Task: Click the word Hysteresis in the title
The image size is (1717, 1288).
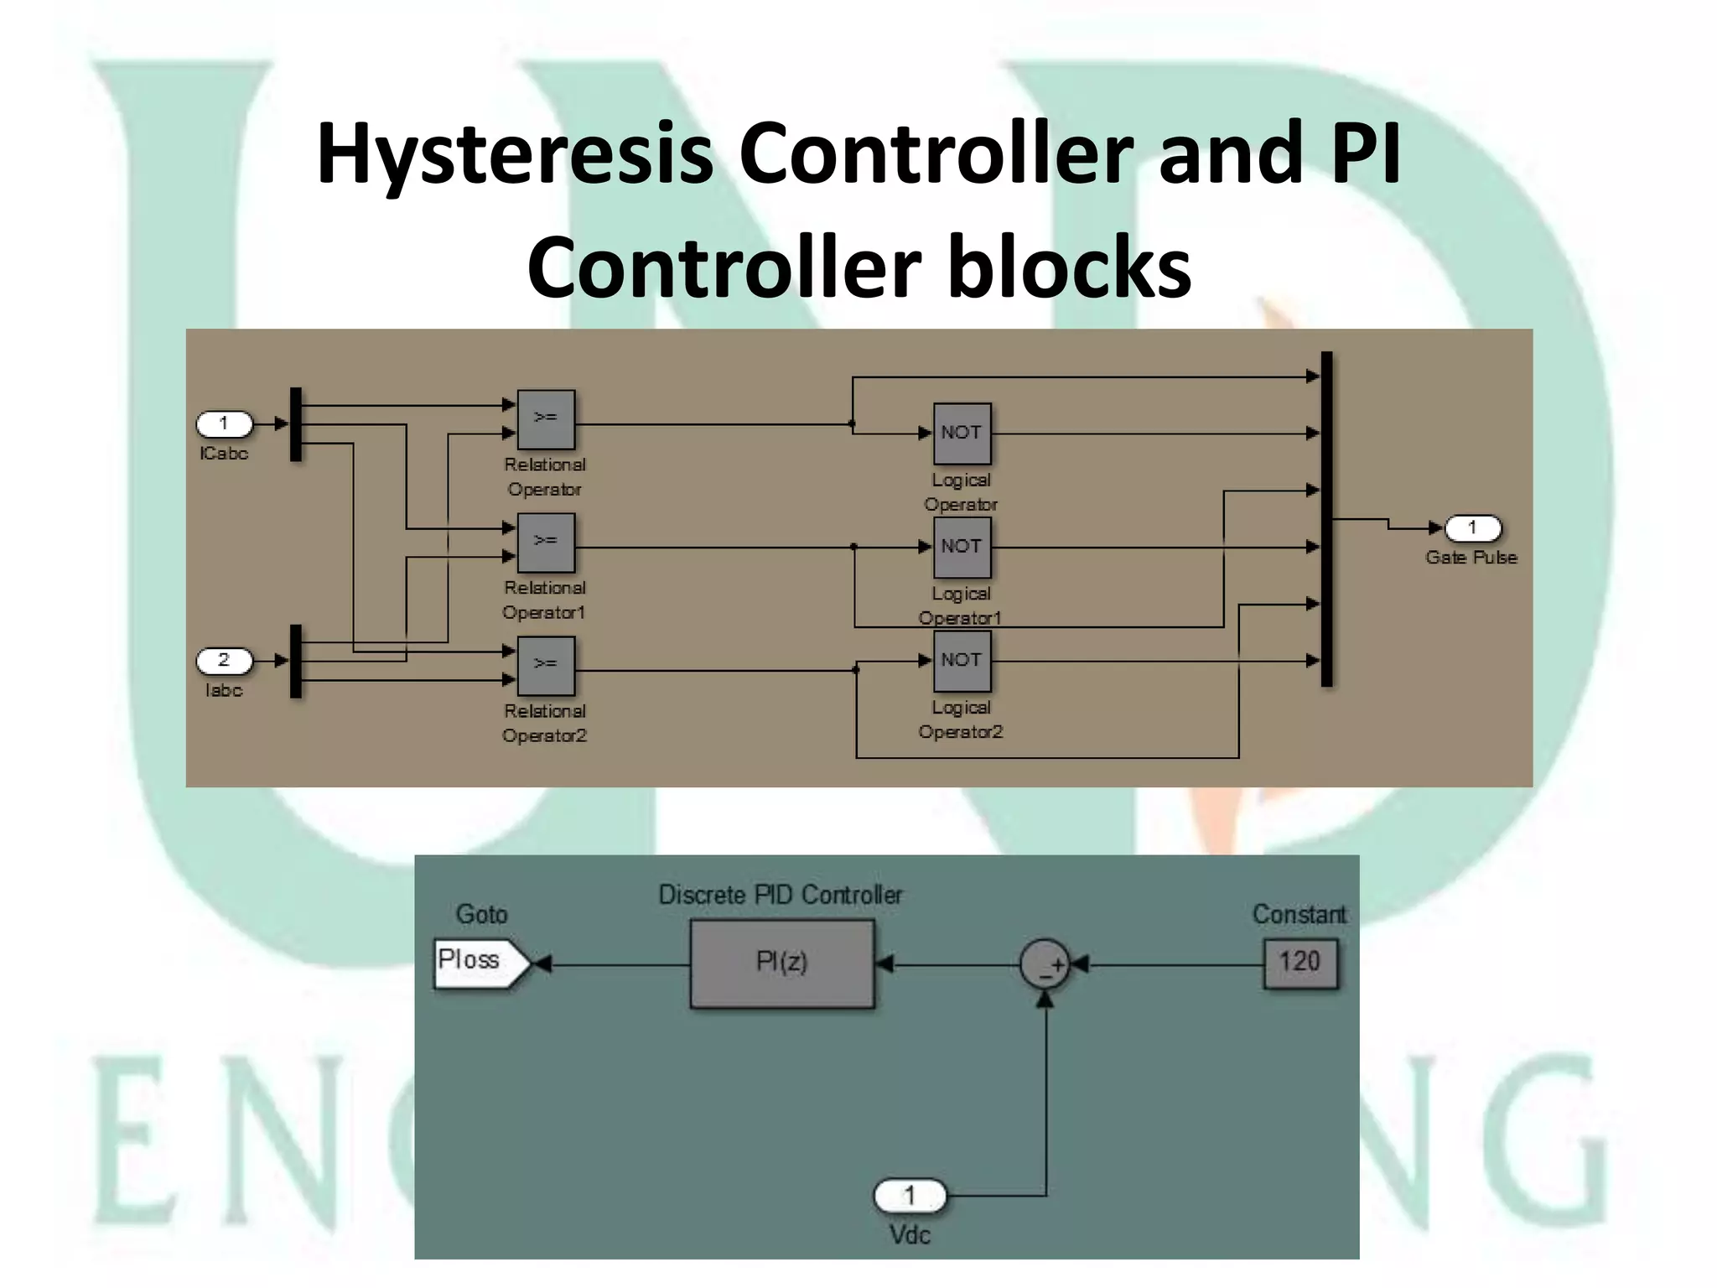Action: [515, 153]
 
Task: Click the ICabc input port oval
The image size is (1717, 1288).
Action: [224, 423]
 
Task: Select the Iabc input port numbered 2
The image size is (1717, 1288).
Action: [224, 661]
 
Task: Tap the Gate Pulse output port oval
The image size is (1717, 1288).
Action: [1472, 528]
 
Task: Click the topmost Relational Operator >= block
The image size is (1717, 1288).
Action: [546, 419]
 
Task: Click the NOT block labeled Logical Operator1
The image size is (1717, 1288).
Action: [962, 548]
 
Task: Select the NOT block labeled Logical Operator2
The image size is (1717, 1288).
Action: [962, 662]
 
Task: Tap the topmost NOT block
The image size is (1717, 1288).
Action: [962, 434]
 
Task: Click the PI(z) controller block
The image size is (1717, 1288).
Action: [781, 963]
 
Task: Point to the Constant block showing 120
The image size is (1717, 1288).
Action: [1299, 963]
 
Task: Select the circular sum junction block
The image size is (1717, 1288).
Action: [1045, 964]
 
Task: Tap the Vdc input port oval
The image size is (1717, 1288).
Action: [910, 1196]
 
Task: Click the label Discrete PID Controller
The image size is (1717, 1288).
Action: [780, 896]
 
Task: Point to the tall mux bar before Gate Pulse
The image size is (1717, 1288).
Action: [1326, 520]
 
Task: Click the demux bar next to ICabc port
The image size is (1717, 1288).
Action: [295, 424]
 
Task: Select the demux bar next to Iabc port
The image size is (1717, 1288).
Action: [295, 662]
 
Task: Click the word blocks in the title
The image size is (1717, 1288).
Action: [1069, 267]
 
